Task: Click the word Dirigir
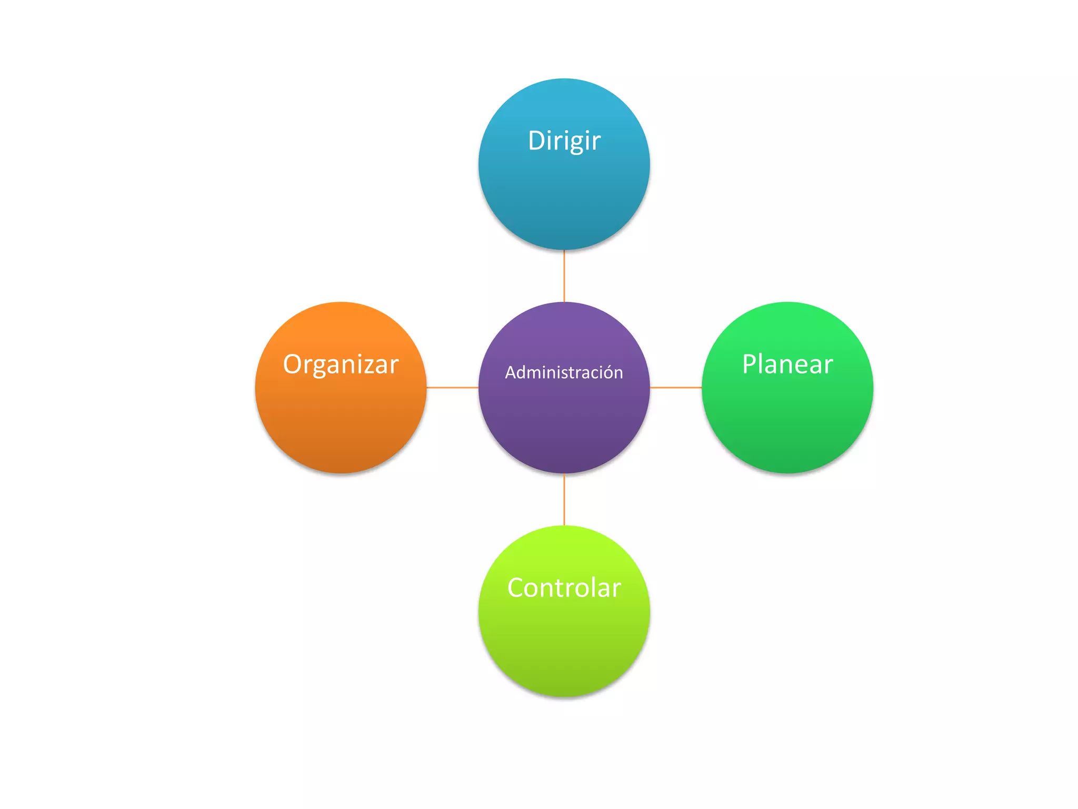tap(564, 141)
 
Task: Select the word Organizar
tap(341, 364)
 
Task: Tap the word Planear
tap(787, 364)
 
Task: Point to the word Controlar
tap(564, 588)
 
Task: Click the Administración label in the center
tap(564, 372)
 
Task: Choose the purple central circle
tap(564, 421)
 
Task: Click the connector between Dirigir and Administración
tap(564, 275)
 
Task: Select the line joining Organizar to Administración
tap(452, 388)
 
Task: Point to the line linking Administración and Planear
tap(676, 388)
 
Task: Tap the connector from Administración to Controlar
tap(564, 499)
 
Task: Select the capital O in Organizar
tap(293, 364)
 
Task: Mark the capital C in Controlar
tap(517, 588)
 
